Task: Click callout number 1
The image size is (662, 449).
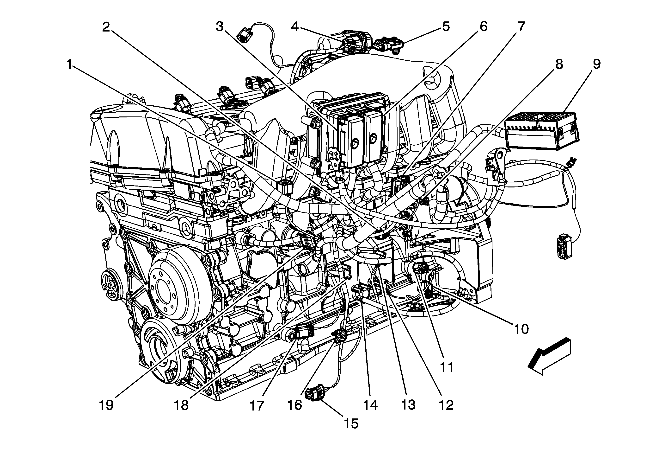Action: coord(69,64)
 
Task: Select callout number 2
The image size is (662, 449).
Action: coord(106,27)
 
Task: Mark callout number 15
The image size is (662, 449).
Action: coord(351,423)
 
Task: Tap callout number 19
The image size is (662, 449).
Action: coord(106,405)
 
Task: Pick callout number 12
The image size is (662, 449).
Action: coord(446,405)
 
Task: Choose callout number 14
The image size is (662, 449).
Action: coord(370,405)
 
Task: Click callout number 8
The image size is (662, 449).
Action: coord(559,64)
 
